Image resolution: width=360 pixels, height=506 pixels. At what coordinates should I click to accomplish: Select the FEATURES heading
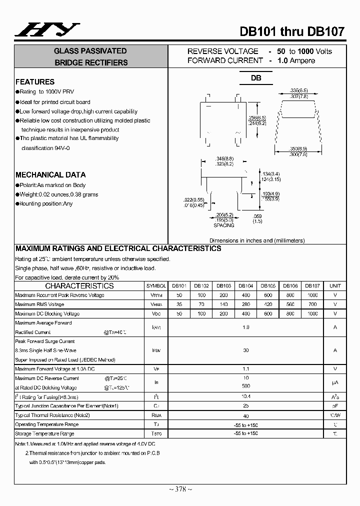[x=35, y=82]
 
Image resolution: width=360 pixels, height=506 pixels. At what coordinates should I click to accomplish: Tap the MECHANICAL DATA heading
[x=50, y=175]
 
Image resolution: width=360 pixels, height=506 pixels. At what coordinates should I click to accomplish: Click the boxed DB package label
[x=256, y=78]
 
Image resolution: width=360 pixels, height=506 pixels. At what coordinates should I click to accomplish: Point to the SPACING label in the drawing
[x=223, y=225]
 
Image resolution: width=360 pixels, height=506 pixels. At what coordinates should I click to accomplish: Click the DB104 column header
[x=245, y=286]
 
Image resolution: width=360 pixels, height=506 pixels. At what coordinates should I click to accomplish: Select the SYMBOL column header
[x=156, y=286]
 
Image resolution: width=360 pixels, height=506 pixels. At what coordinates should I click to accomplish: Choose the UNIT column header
[x=335, y=286]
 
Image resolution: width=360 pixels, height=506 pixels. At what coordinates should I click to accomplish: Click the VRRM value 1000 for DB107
[x=312, y=295]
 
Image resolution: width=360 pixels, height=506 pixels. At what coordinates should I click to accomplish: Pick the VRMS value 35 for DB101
[x=179, y=304]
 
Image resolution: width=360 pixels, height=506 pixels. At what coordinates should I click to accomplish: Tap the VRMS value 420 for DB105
[x=268, y=304]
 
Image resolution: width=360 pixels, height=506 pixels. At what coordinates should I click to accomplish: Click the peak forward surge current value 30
[x=245, y=350]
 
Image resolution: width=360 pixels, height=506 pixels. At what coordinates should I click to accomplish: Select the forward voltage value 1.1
[x=245, y=368]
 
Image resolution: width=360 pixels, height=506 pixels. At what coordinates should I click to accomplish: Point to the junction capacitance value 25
[x=245, y=406]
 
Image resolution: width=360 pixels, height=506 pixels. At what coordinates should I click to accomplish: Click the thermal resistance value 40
[x=245, y=415]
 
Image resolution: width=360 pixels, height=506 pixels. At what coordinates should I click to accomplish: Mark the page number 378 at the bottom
[x=180, y=489]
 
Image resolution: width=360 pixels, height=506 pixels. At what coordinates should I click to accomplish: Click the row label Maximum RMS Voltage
[x=39, y=304]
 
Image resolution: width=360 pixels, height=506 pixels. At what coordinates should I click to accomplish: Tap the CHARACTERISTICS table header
[x=79, y=286]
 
